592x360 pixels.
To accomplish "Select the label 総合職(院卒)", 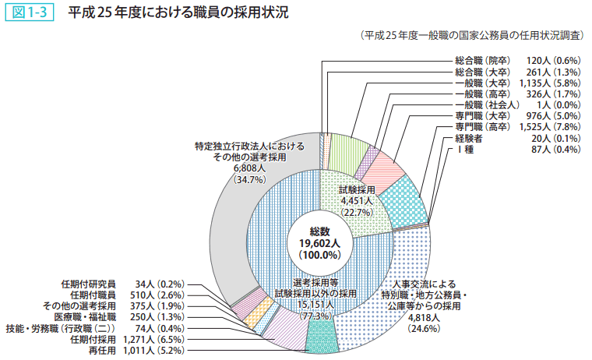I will [x=481, y=60].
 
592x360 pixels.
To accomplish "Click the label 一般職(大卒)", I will [x=481, y=82].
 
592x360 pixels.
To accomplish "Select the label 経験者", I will [x=469, y=138].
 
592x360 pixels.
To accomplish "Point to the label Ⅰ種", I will [x=464, y=149].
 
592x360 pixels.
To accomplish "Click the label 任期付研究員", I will [x=88, y=284].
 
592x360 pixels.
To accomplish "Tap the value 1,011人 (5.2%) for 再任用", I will [x=156, y=351].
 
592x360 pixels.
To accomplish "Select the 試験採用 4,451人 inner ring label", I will [x=358, y=200].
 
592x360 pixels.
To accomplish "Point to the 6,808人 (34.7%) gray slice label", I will [x=249, y=173].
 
